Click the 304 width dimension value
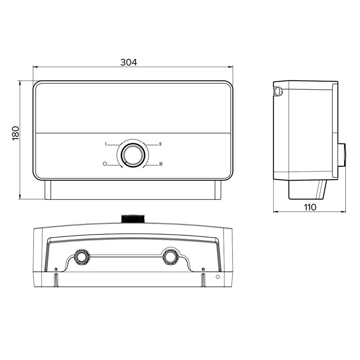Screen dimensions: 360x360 (129, 62)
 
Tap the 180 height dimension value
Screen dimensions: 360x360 (15, 133)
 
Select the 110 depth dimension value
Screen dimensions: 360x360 (310, 207)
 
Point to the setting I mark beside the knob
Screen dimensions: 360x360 (106, 144)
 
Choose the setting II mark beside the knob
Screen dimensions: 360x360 (160, 144)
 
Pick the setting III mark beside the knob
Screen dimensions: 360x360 (161, 164)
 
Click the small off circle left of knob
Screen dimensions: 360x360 (105, 164)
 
